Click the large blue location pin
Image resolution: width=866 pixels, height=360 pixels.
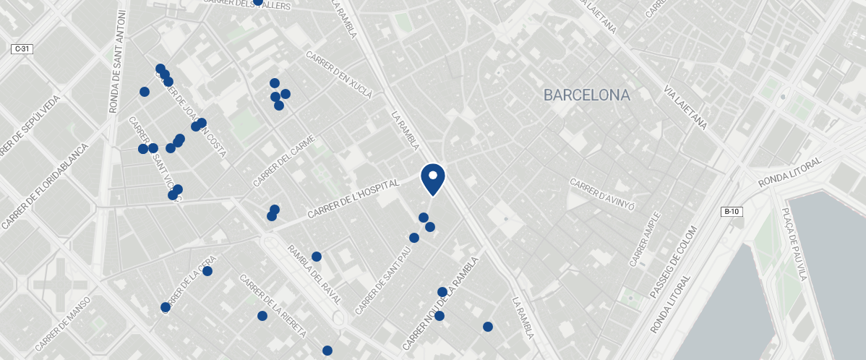pos(432,178)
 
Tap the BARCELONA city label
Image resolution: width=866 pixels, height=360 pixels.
pos(586,95)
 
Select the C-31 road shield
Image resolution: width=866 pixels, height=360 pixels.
pos(22,49)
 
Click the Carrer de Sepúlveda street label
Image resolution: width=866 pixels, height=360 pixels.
pos(29,126)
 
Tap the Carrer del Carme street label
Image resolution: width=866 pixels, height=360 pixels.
pos(284,161)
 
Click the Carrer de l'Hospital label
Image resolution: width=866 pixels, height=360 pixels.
pos(353,200)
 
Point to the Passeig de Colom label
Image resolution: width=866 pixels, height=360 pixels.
pos(673,279)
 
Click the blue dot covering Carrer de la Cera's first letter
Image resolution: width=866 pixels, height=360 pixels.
pos(166,307)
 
